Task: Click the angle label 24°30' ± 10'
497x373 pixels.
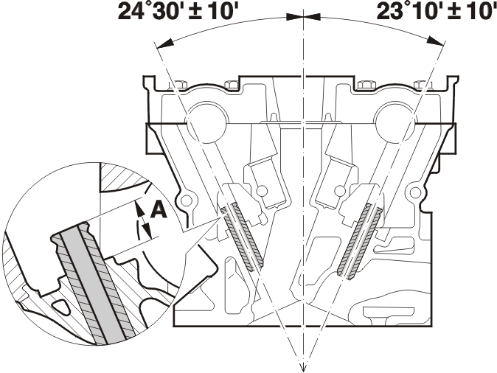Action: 178,12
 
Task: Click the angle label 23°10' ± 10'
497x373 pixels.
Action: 437,12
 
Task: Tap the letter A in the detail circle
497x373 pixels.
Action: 159,210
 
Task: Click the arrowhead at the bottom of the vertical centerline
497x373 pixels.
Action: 304,366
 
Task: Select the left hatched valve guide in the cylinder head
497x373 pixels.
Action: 243,237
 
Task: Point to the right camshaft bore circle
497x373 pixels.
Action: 396,122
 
